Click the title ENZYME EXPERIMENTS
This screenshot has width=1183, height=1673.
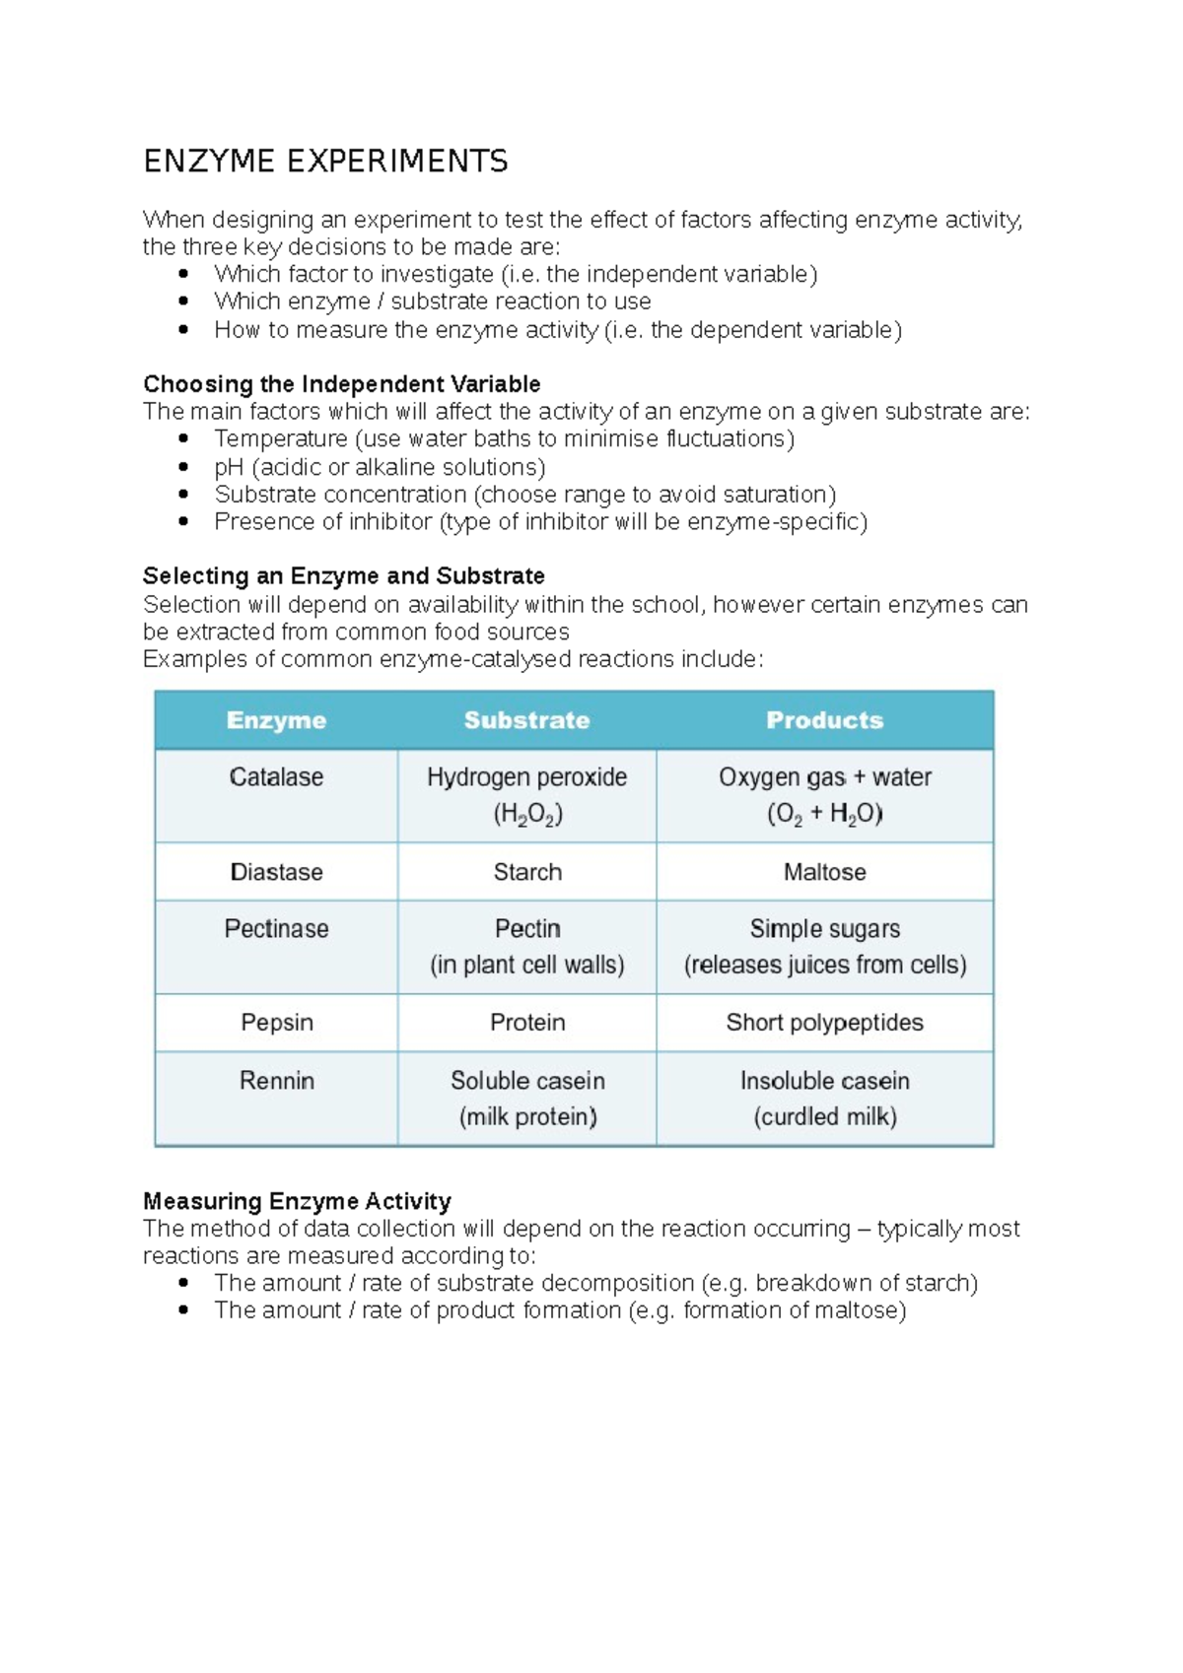click(x=325, y=161)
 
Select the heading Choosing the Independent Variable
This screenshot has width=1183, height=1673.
click(x=341, y=383)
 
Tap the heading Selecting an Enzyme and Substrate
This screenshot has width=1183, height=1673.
click(x=343, y=575)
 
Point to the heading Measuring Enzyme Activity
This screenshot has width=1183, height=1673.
click(x=297, y=1201)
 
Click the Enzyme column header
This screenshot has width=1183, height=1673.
click(x=276, y=720)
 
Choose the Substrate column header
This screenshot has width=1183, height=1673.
click(x=526, y=720)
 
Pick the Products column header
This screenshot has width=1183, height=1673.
click(x=824, y=720)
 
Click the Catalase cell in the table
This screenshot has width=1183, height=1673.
click(x=276, y=777)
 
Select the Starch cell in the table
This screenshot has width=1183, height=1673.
click(x=527, y=872)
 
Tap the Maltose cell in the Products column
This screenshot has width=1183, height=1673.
click(x=824, y=872)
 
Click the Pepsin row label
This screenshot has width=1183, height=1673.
click(x=276, y=1023)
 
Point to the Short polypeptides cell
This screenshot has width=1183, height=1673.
click(x=824, y=1023)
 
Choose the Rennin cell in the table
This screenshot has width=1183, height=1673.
click(x=276, y=1081)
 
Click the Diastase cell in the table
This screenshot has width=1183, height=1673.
click(x=276, y=872)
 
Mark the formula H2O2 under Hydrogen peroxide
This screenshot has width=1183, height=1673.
click(x=527, y=815)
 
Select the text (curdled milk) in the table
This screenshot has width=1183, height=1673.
click(x=824, y=1116)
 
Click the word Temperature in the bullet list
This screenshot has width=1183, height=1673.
click(x=281, y=438)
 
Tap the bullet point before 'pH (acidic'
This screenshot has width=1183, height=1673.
click(x=183, y=467)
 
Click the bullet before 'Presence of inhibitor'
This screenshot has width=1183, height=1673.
click(x=183, y=521)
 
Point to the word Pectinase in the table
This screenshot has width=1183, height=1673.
click(x=276, y=929)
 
